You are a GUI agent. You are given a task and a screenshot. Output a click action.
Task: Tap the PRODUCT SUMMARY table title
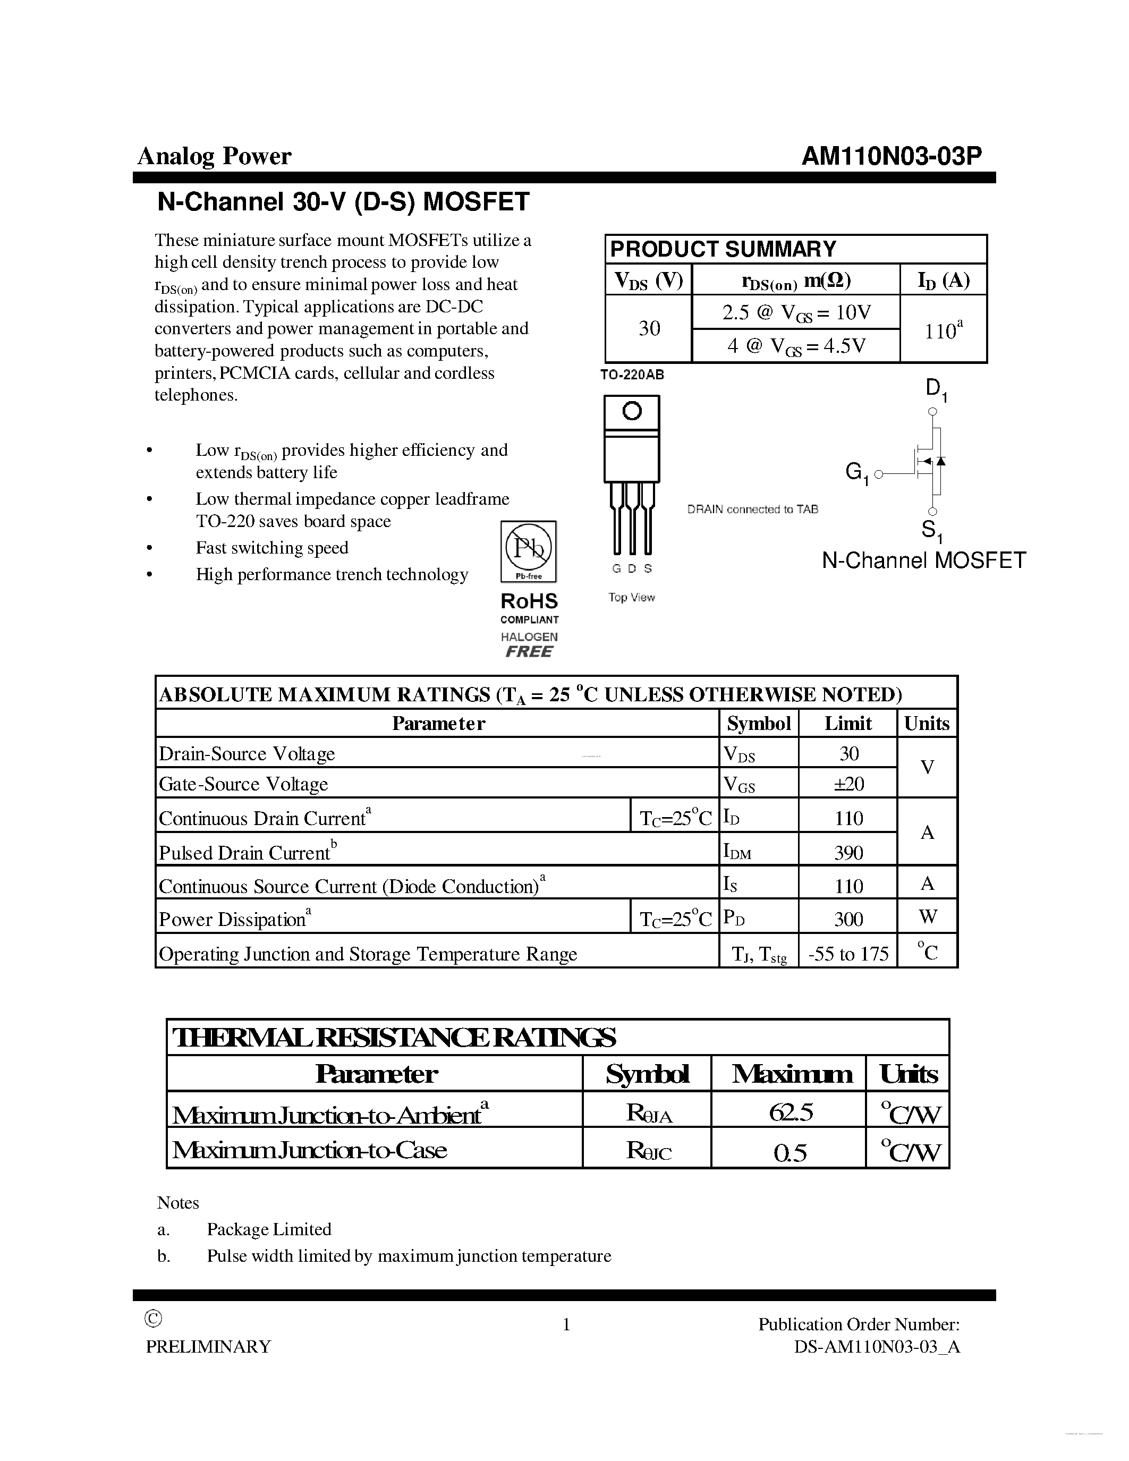723,249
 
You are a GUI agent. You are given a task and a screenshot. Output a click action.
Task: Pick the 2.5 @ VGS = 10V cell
796,312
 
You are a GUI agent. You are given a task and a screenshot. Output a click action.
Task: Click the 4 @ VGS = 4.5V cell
796,346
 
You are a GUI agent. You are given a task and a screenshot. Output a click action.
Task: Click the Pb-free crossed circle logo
529,548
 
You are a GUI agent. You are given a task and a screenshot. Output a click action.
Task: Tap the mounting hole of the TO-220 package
631,411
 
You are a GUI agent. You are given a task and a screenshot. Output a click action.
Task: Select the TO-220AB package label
632,375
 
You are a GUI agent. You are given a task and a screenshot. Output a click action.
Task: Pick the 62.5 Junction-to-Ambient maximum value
790,1112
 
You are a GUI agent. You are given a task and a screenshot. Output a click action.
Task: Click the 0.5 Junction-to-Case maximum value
790,1152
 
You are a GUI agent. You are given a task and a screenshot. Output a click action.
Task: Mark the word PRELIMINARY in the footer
208,1347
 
